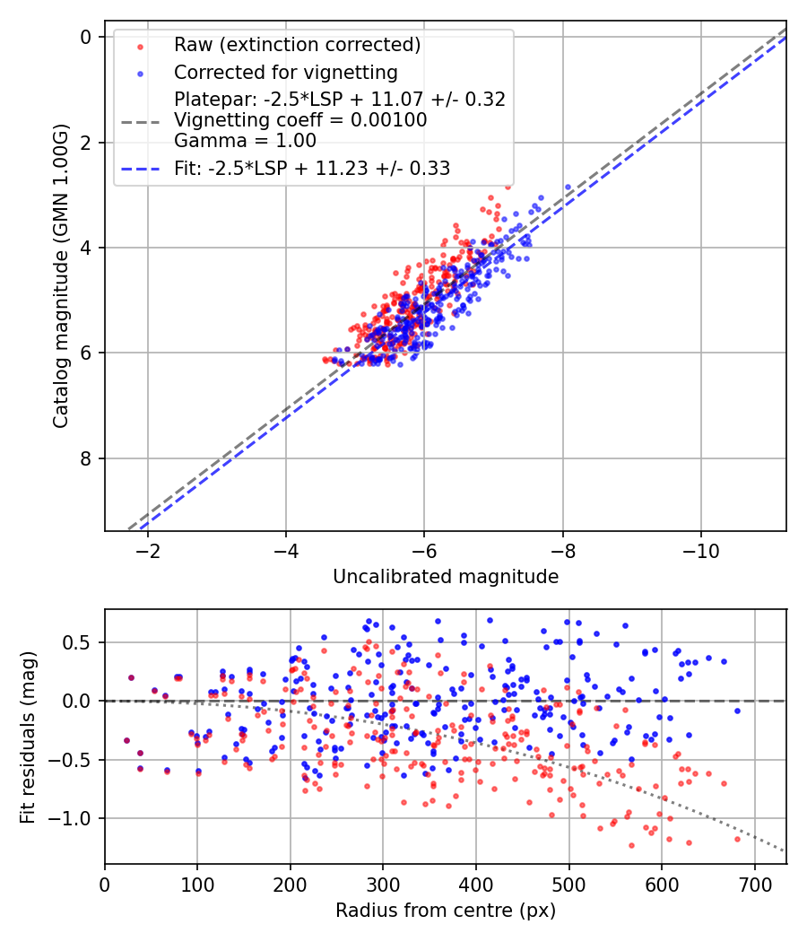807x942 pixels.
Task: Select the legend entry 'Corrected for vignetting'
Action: click(x=286, y=72)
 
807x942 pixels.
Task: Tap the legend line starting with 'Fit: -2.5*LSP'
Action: click(x=312, y=168)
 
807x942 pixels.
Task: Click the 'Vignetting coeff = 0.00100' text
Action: click(x=300, y=119)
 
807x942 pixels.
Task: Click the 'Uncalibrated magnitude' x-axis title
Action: click(x=446, y=577)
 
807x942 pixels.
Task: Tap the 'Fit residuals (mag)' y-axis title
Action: click(x=28, y=737)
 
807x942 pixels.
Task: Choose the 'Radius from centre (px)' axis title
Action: click(x=446, y=911)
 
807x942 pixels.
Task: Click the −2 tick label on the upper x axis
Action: click(x=148, y=550)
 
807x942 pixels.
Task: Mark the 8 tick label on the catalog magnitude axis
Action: click(x=86, y=458)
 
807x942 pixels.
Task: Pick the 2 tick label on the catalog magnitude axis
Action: click(x=86, y=142)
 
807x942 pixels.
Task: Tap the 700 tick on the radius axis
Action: click(x=754, y=884)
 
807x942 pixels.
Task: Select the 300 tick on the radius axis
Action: click(x=383, y=884)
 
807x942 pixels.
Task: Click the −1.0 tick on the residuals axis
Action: click(x=75, y=818)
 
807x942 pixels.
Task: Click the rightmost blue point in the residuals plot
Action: click(x=737, y=711)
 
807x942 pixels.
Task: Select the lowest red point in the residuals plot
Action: click(x=631, y=845)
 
